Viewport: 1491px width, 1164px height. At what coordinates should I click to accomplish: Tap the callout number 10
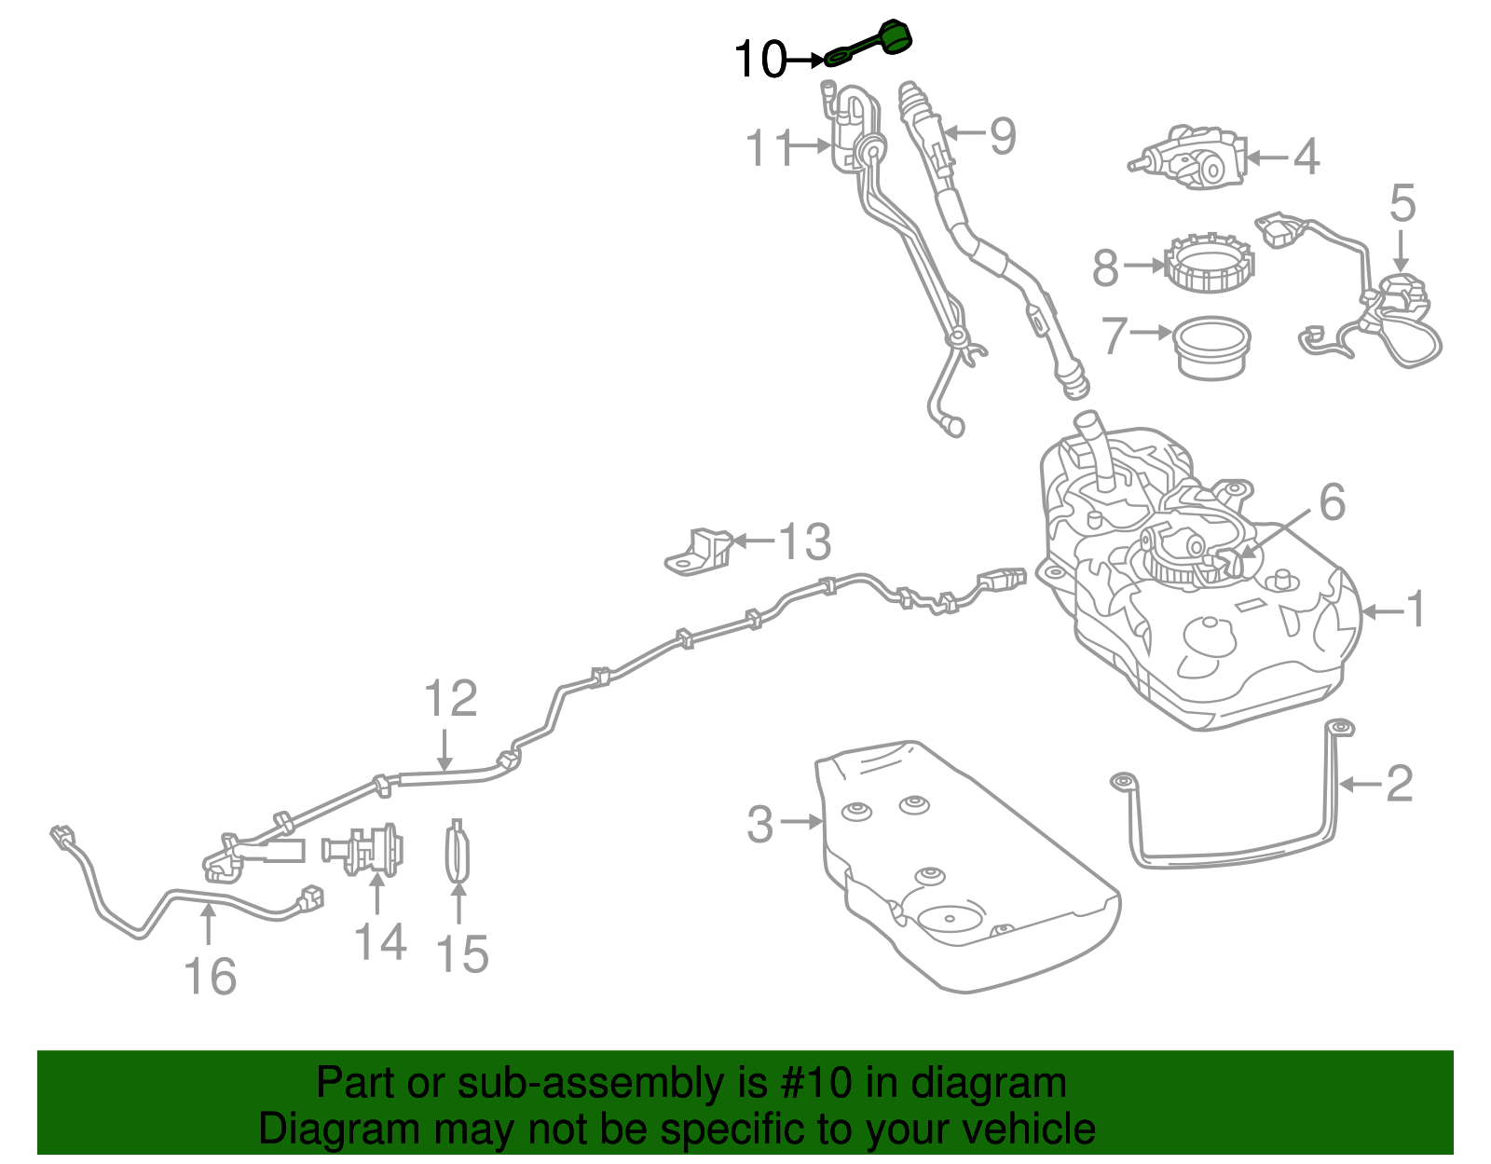[x=759, y=59]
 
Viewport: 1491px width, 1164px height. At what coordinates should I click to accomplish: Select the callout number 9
[x=1003, y=136]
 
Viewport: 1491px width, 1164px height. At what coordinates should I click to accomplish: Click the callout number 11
[x=769, y=147]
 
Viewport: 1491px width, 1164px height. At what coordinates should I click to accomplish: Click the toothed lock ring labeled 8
[x=1210, y=264]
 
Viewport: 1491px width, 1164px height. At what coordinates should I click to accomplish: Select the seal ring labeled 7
[x=1211, y=347]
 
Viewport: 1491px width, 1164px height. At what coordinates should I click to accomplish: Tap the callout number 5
[x=1402, y=203]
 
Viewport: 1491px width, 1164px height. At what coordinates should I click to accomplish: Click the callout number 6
[x=1333, y=502]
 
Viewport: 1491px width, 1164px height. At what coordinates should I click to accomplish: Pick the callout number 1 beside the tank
[x=1416, y=609]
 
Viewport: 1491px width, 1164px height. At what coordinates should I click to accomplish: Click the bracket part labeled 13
[x=699, y=551]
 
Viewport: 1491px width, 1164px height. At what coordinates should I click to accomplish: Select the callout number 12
[x=450, y=698]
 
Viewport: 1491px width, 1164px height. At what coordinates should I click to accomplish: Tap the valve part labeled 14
[x=362, y=851]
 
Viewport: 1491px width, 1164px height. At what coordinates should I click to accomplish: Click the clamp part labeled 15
[x=458, y=851]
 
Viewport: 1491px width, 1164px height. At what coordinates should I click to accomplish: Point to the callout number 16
[x=211, y=976]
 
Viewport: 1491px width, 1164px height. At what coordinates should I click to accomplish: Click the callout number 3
[x=760, y=824]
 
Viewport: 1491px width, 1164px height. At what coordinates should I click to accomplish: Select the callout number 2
[x=1400, y=784]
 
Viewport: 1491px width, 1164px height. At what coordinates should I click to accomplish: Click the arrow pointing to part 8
[x=1144, y=264]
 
